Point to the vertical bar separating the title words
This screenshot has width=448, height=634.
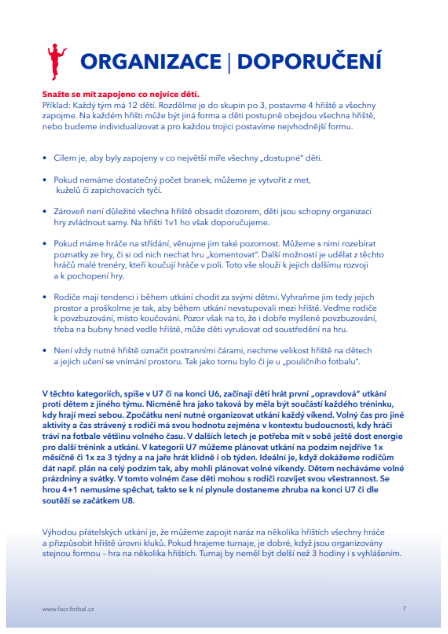229,62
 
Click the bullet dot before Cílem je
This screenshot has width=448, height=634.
45,158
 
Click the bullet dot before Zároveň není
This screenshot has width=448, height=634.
45,211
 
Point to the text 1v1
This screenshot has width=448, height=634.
171,223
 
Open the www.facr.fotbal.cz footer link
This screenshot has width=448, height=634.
68,609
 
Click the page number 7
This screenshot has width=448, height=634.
404,609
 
